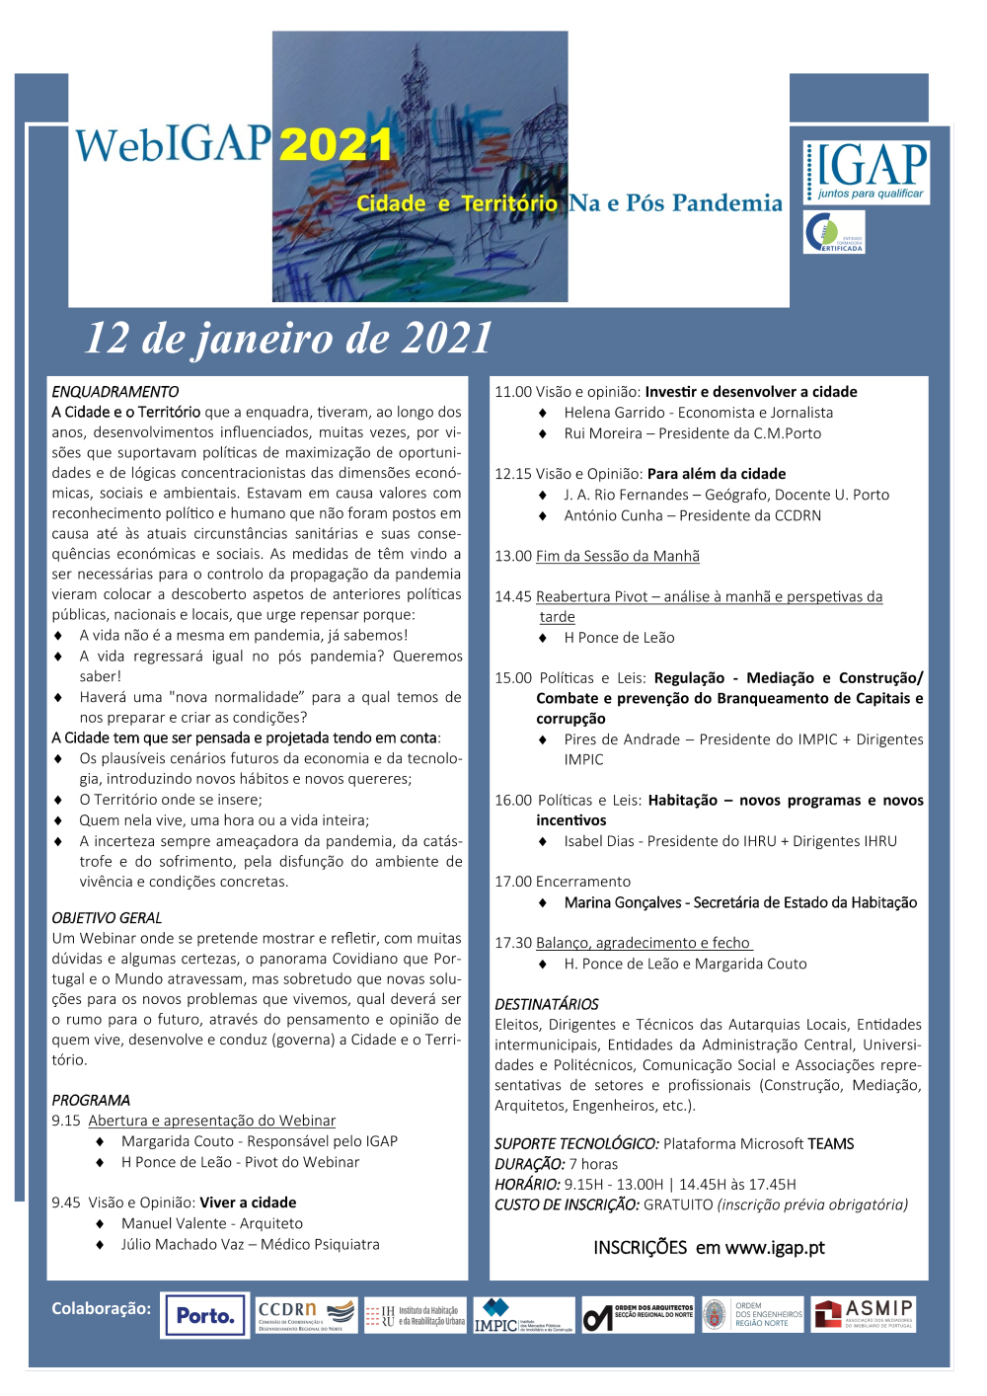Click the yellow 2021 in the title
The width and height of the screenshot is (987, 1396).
pyautogui.click(x=336, y=146)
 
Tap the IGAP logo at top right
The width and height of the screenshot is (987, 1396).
pyautogui.click(x=867, y=171)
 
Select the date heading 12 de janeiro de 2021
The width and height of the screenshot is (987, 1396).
pyautogui.click(x=288, y=339)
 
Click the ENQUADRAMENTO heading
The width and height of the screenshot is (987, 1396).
pyautogui.click(x=115, y=392)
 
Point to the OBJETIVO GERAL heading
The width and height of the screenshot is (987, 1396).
pyautogui.click(x=107, y=918)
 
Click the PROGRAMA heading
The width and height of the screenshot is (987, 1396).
pyautogui.click(x=91, y=1100)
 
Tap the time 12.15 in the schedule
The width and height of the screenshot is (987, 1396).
pyautogui.click(x=513, y=474)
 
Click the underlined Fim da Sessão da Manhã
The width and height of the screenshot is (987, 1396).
pyautogui.click(x=618, y=556)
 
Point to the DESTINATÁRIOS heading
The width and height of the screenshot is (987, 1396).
pyautogui.click(x=547, y=1004)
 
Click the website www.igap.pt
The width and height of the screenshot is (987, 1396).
pyautogui.click(x=775, y=1248)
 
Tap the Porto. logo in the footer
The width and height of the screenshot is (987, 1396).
pyautogui.click(x=205, y=1316)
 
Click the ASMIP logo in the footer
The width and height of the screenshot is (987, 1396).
pyautogui.click(x=864, y=1315)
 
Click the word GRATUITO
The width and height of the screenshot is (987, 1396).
pyautogui.click(x=678, y=1204)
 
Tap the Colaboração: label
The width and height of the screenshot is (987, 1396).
pyautogui.click(x=102, y=1308)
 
